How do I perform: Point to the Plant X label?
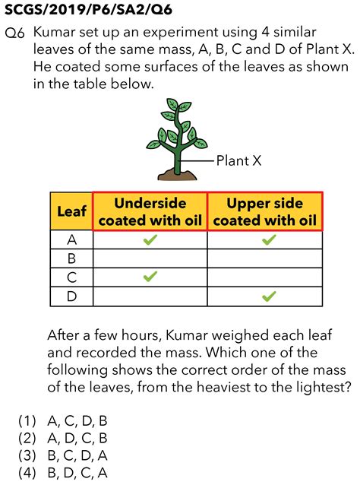(239, 160)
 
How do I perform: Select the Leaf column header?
(72, 211)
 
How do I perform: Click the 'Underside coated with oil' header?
(150, 211)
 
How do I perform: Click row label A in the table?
(72, 240)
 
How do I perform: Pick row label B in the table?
(72, 258)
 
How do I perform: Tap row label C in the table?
(72, 277)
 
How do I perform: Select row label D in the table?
(72, 296)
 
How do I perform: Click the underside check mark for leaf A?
(150, 240)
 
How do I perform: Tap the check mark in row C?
(150, 277)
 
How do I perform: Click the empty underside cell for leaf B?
(150, 258)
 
